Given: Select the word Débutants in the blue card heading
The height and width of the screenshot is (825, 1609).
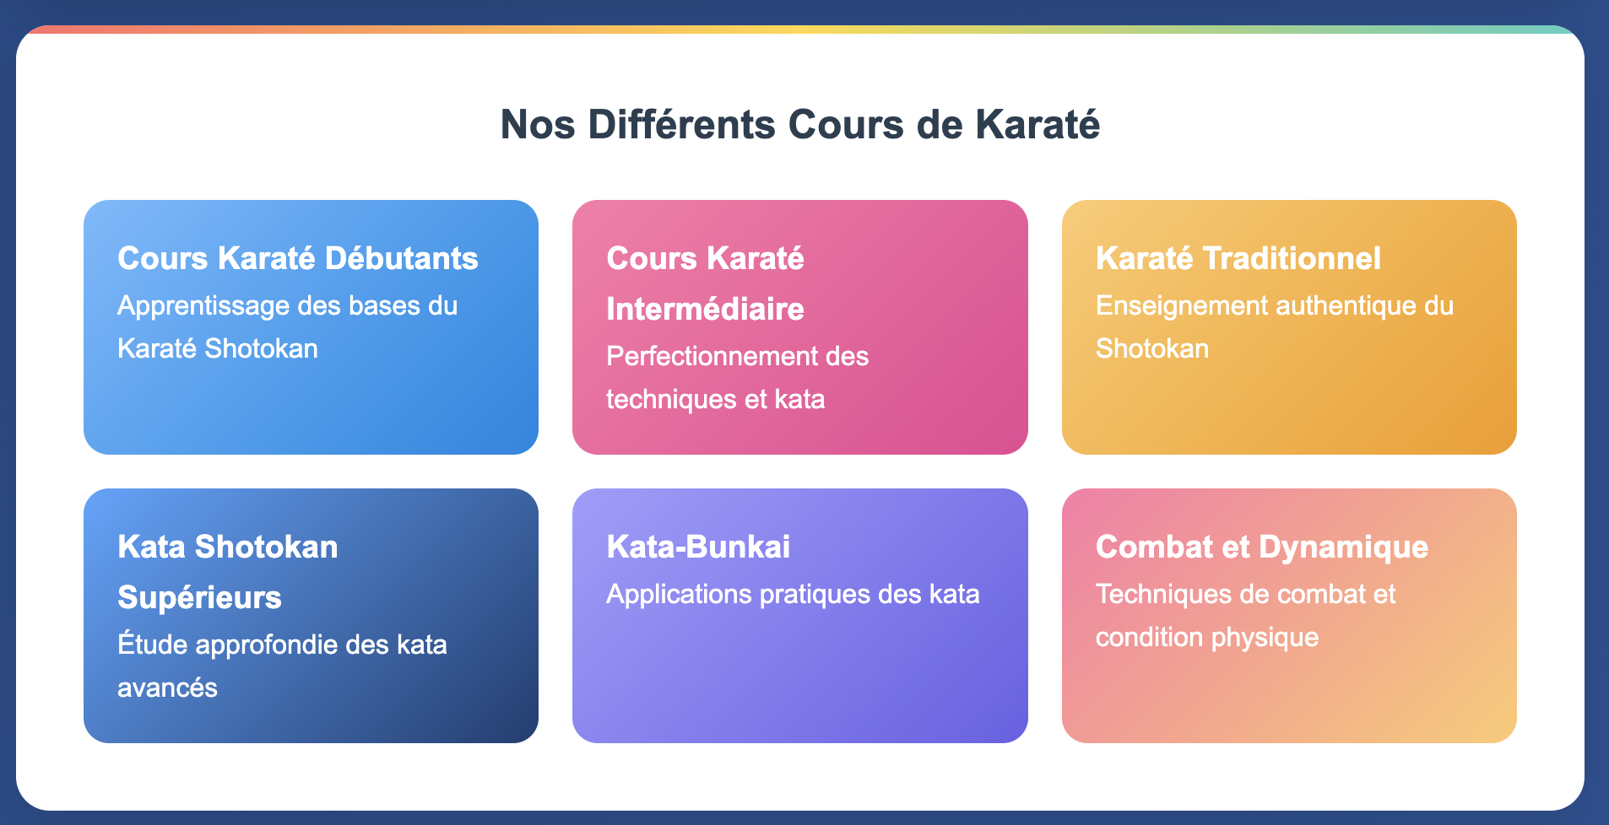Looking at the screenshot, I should (x=401, y=258).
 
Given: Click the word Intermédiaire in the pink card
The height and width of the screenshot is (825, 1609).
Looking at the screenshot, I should (x=705, y=309).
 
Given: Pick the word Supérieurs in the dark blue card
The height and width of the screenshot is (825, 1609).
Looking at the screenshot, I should (x=199, y=597).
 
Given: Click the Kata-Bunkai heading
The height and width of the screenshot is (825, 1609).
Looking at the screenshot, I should (x=698, y=547).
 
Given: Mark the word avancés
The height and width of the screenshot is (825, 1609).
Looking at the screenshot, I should (x=167, y=687).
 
